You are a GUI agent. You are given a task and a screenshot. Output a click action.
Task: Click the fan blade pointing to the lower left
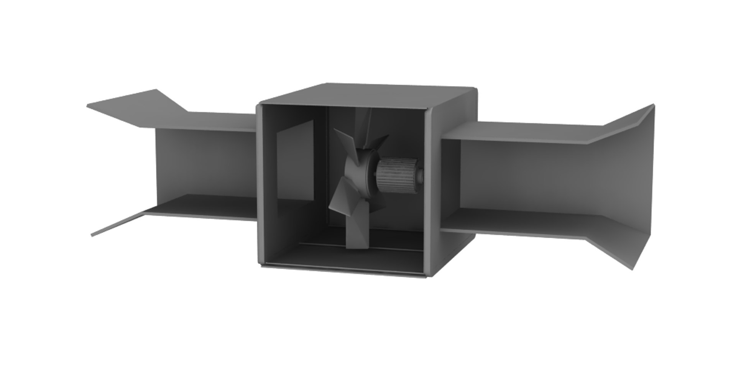[339, 203]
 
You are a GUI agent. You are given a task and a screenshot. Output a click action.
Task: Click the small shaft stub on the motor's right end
[421, 176]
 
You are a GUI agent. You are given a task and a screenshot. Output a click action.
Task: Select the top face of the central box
[368, 94]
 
